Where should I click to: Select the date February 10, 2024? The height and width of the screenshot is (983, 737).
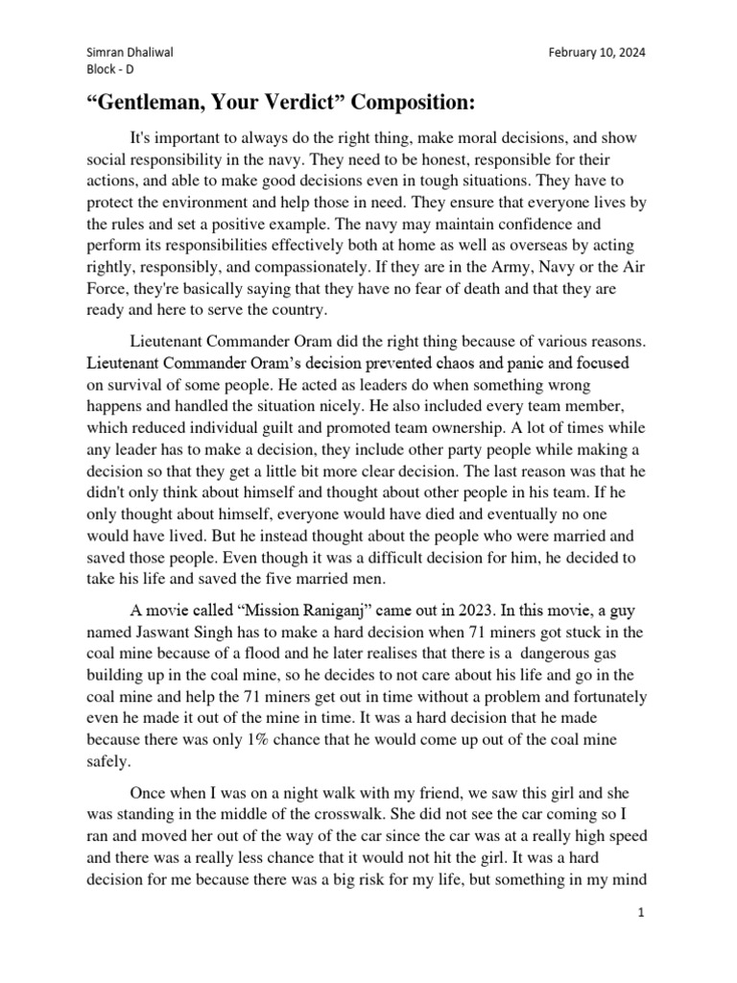click(596, 53)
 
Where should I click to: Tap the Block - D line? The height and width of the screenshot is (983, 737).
click(108, 71)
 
